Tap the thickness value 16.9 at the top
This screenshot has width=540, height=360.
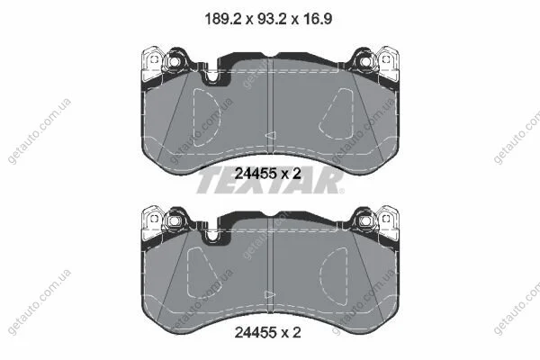pos(318,19)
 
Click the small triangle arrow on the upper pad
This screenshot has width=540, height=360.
pos(270,135)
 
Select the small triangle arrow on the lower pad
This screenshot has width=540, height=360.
pos(270,295)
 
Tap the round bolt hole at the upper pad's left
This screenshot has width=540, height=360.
pos(175,62)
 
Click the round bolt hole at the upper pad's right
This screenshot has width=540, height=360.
pos(365,62)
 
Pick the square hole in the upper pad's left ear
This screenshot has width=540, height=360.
pos(154,59)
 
